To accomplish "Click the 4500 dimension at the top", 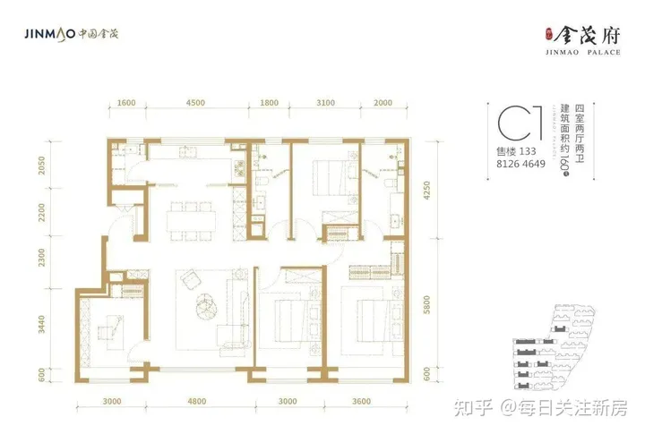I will [x=195, y=103].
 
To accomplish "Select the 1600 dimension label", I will [x=126, y=103].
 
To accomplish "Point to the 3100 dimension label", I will [x=325, y=103].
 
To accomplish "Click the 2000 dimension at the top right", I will [x=383, y=103].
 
